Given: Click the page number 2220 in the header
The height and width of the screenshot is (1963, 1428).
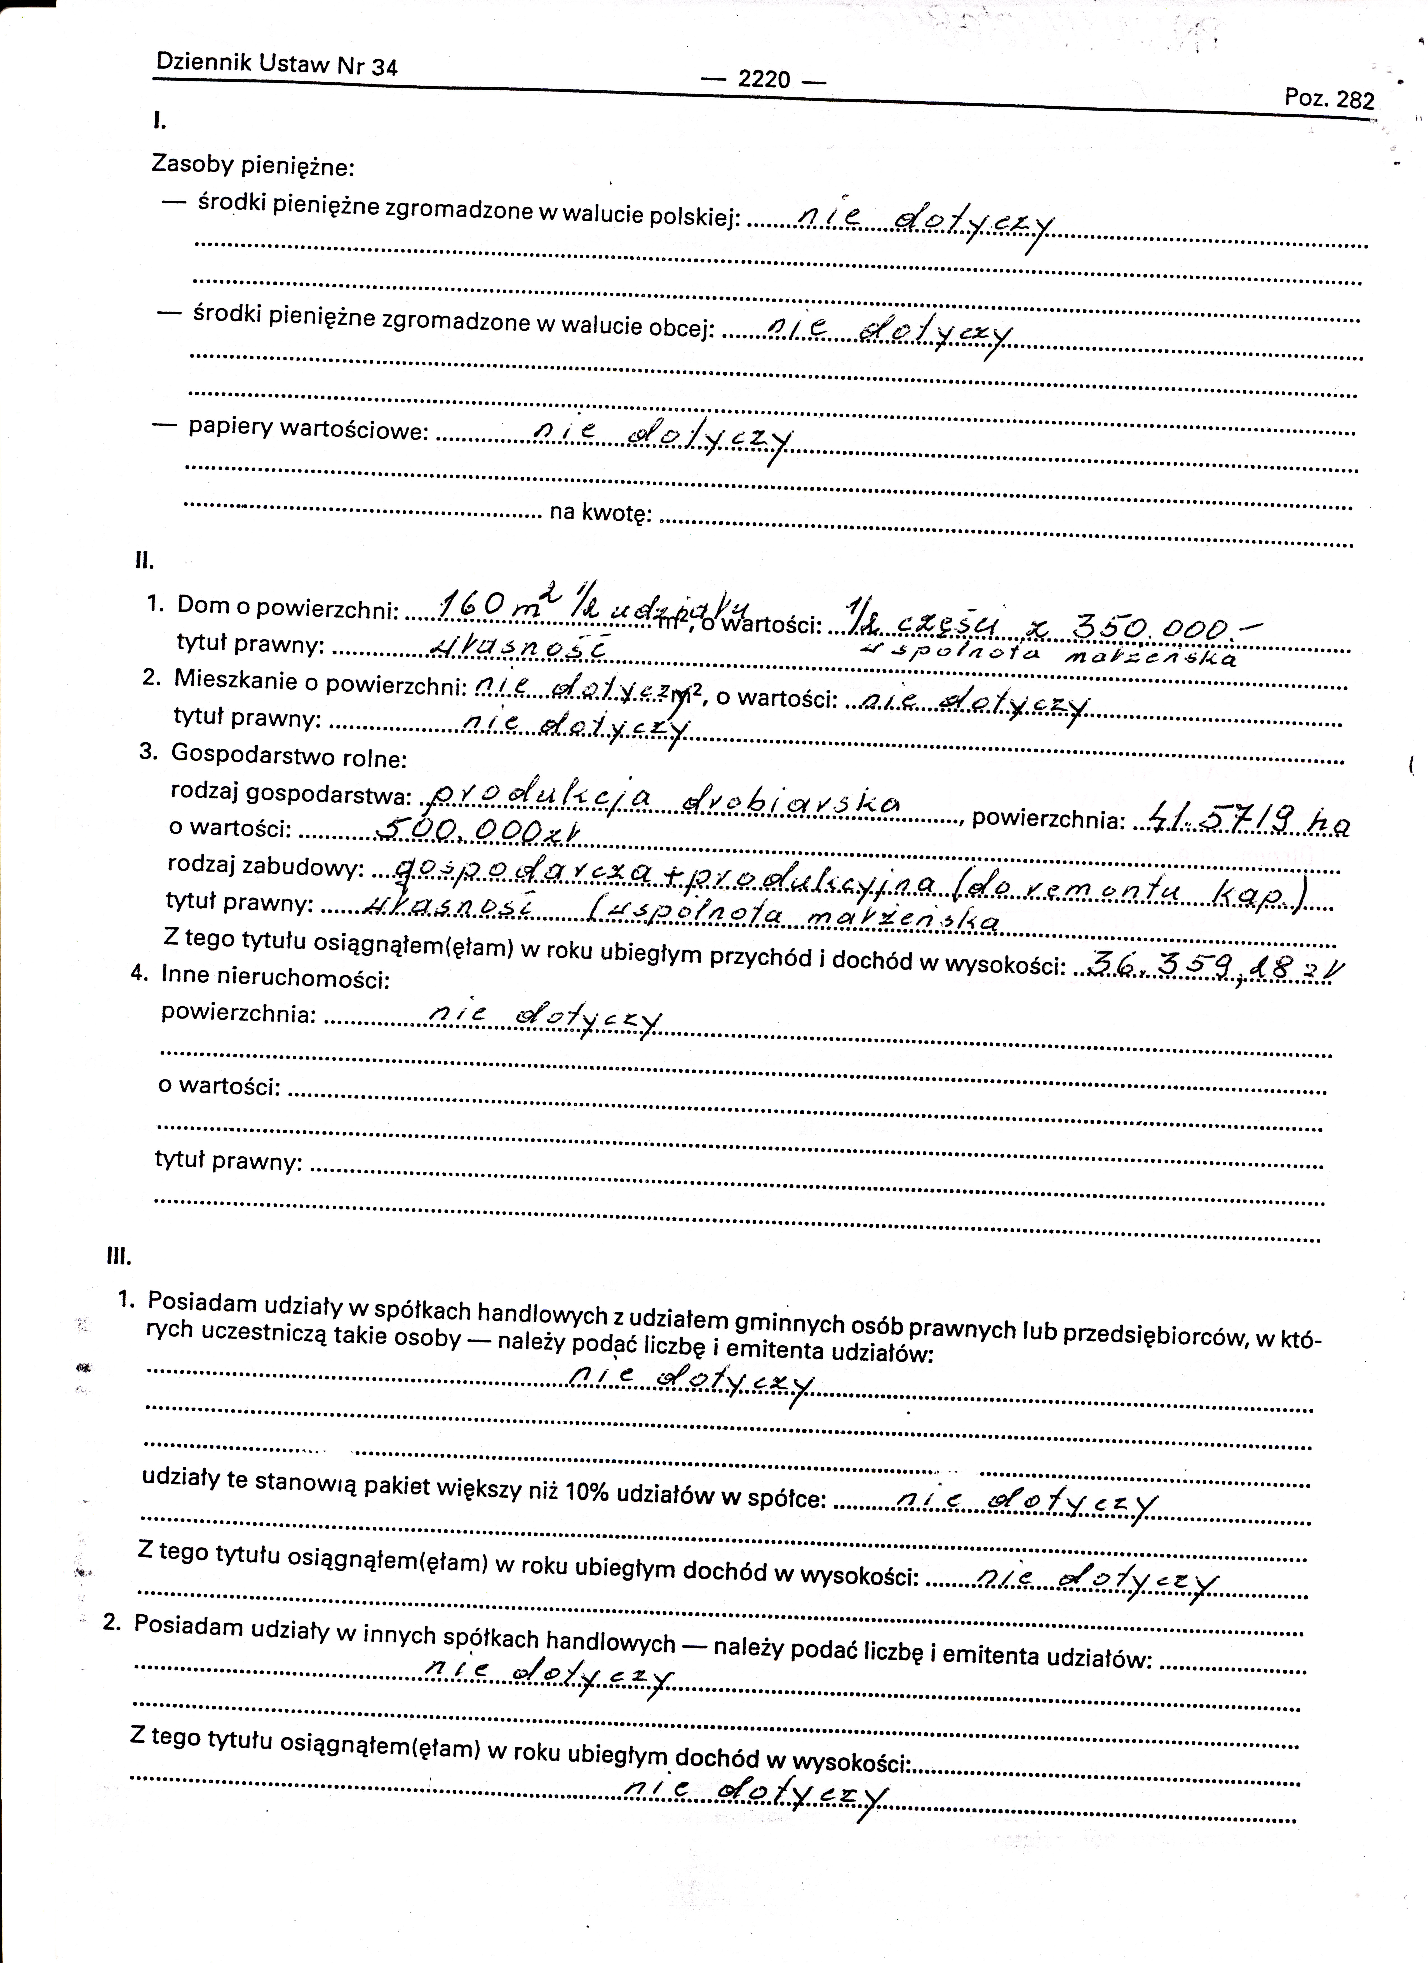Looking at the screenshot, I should point(764,80).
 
